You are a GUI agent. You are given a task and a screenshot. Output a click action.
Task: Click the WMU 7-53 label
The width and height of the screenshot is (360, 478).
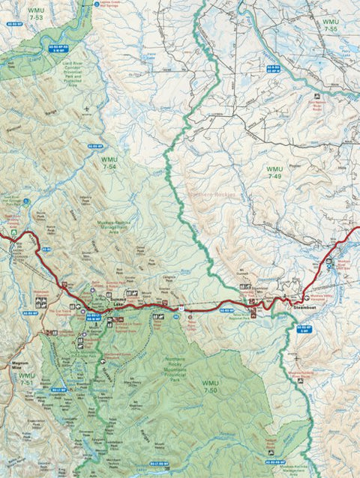click(35, 13)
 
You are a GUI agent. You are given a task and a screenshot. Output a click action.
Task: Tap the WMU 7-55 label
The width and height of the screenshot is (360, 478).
click(331, 26)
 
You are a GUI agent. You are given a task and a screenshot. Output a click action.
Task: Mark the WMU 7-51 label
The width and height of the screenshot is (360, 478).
click(26, 379)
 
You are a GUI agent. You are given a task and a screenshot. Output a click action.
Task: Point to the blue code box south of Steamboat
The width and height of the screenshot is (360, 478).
click(303, 328)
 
